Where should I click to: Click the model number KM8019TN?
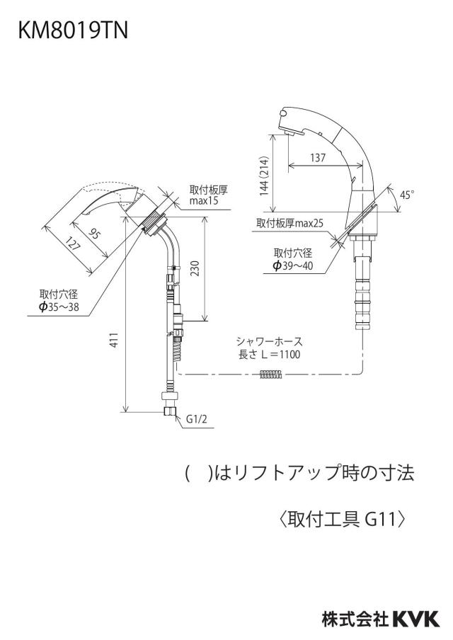[73, 30]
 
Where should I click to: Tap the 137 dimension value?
[318, 157]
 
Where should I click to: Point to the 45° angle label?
[407, 195]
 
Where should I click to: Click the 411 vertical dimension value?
[115, 340]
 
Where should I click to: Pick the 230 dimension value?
[195, 268]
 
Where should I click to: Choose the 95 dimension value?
[94, 234]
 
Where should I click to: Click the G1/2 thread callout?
[197, 419]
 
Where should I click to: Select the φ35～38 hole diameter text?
[59, 307]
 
